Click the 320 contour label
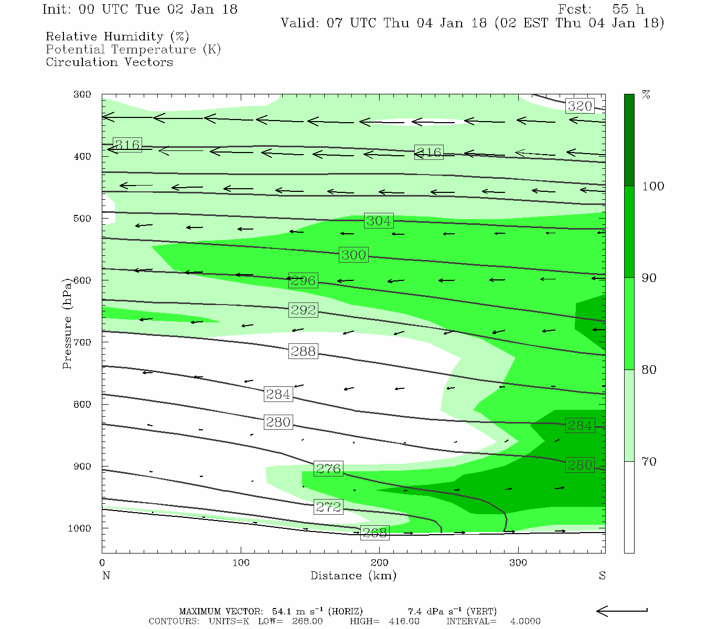580,106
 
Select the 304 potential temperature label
379,221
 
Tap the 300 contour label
353,255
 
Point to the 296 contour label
303,280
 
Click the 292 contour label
303,310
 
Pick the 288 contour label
303,351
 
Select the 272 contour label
328,507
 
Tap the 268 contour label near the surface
374,533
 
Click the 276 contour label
328,468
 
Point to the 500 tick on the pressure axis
82,219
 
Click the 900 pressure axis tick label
82,467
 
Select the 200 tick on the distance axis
379,563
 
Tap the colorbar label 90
649,278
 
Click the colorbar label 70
649,461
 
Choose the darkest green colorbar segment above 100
629,140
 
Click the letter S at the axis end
602,576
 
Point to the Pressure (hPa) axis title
67,323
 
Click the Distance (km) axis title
353,576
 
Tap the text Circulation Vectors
109,62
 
